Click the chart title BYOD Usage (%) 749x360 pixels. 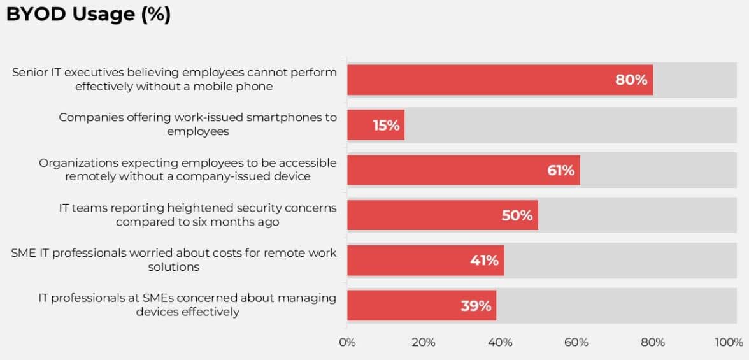[x=89, y=15]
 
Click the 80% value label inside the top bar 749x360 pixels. [x=631, y=80]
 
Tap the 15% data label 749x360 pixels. [x=386, y=125]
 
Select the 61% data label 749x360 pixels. [x=560, y=170]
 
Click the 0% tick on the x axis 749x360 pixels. [x=347, y=342]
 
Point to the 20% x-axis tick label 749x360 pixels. [x=424, y=342]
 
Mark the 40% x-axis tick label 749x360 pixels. [x=500, y=342]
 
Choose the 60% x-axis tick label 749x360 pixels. [x=576, y=342]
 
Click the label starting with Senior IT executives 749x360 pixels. [x=175, y=79]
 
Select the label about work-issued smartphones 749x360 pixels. [x=197, y=124]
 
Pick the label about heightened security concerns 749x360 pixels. [x=197, y=215]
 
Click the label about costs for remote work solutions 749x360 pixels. [x=174, y=260]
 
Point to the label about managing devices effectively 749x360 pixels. [x=187, y=305]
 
